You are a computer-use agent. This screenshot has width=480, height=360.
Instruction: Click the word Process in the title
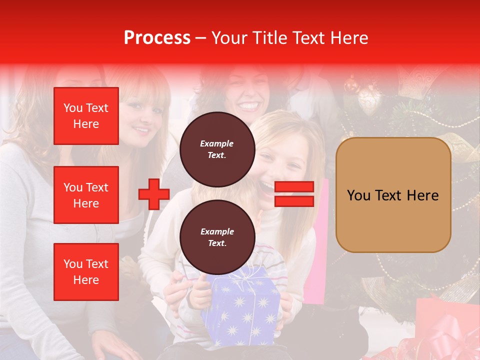(157, 38)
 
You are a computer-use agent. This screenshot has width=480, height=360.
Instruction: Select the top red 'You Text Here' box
(86, 116)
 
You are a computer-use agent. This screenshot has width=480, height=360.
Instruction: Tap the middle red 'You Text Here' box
(86, 195)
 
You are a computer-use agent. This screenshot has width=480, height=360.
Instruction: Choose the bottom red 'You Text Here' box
(86, 272)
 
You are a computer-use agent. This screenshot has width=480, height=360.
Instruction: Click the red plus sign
(154, 194)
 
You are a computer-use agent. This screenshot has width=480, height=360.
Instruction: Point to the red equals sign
(294, 194)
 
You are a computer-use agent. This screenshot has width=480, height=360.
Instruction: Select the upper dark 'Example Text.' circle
(217, 149)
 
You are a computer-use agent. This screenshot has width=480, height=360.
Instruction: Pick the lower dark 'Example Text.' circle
(217, 237)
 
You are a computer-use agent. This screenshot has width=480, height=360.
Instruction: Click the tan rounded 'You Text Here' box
(393, 195)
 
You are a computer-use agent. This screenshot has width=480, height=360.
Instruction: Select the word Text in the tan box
(392, 195)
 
